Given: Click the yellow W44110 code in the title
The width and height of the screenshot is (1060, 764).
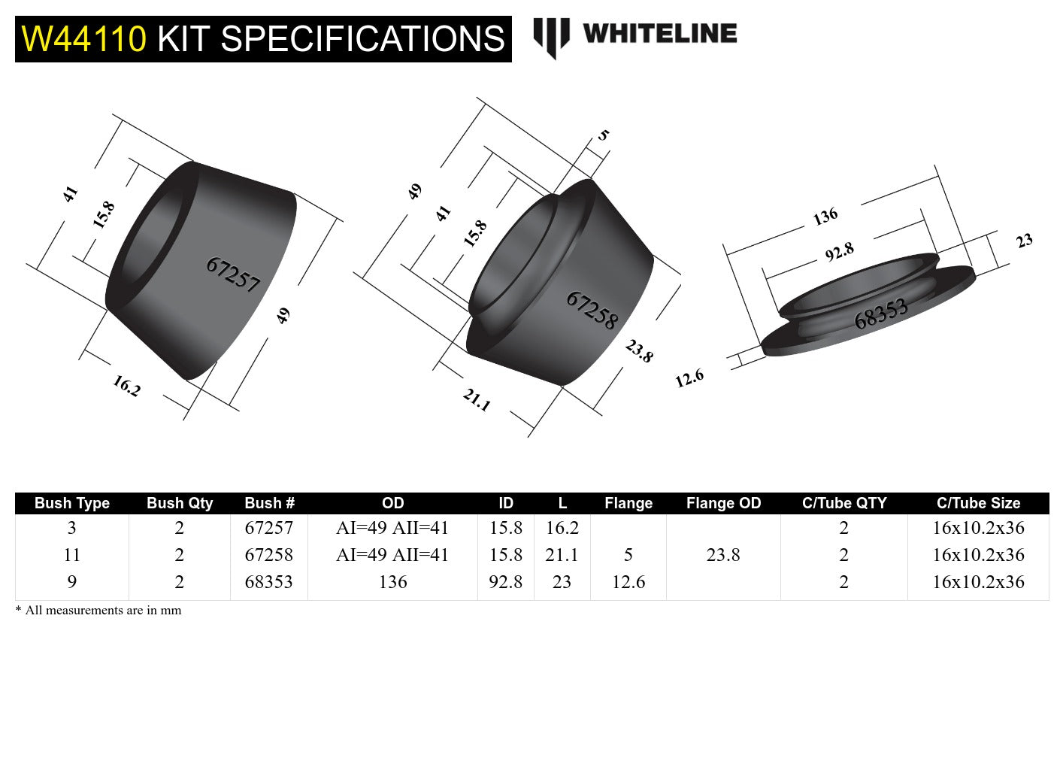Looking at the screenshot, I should point(83,39).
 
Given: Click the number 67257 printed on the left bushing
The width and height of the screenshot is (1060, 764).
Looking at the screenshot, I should point(232,274).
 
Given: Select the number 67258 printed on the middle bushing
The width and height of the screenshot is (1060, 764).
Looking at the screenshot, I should point(592,310).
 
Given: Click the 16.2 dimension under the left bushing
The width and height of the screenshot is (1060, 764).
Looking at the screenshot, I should point(126,386).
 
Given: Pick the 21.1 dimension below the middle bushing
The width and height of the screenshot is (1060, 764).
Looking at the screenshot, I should point(477,399).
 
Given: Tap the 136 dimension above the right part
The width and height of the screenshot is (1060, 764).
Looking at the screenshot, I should point(825,217).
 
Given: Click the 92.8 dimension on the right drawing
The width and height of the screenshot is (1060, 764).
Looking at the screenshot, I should point(839,252).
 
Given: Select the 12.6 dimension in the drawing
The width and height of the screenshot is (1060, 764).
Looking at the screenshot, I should point(689,377).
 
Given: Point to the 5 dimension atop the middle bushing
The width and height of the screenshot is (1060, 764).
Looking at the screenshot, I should point(603,135).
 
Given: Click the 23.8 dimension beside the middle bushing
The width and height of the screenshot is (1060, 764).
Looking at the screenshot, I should point(639,350).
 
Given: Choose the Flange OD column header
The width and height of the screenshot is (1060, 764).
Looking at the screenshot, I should point(723,503).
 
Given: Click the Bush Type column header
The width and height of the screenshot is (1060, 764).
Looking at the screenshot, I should point(72,503).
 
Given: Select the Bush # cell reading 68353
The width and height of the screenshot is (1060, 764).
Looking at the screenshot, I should point(268,582).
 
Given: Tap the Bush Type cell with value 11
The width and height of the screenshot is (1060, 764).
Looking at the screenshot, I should point(72,555).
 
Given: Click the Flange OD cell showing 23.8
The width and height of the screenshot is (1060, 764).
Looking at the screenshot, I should point(723,555).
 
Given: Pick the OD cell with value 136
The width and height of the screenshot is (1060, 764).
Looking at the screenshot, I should point(392,582).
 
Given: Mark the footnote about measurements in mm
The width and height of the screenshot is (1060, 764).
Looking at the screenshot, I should point(98,610).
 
